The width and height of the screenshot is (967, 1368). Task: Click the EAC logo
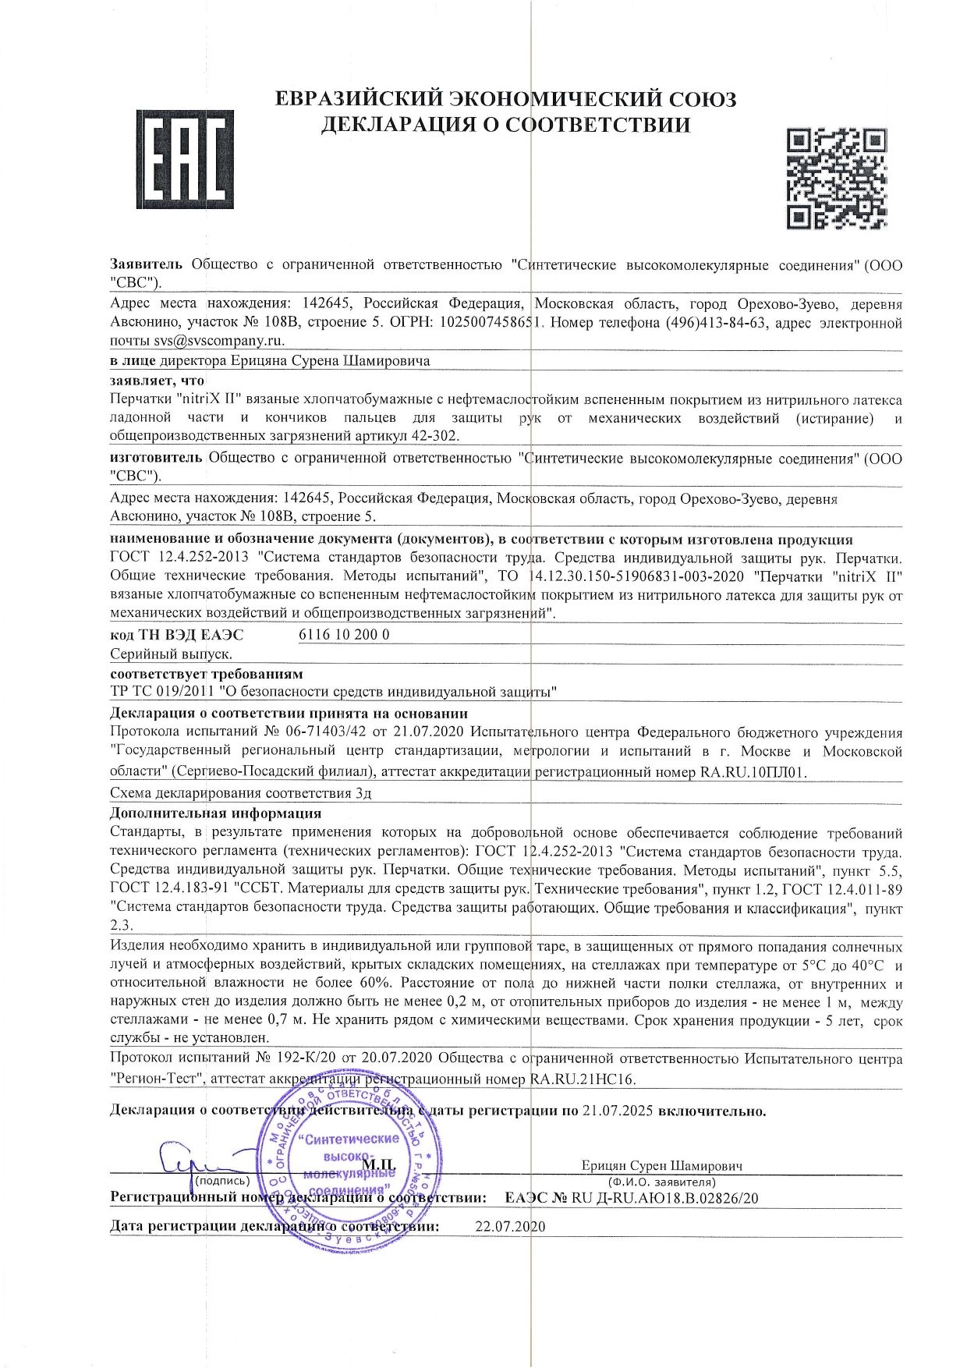(x=185, y=158)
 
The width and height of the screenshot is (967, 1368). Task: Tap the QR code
(x=836, y=179)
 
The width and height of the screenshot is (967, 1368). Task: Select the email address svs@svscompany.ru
(x=218, y=341)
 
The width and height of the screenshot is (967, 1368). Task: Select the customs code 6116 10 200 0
(x=344, y=634)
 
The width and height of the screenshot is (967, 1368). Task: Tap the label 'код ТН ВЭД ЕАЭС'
(x=177, y=634)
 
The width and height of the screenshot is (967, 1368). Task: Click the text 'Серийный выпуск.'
(x=172, y=654)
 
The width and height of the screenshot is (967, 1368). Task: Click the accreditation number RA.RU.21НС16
(x=583, y=1079)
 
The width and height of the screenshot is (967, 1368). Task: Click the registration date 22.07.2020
(x=510, y=1225)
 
